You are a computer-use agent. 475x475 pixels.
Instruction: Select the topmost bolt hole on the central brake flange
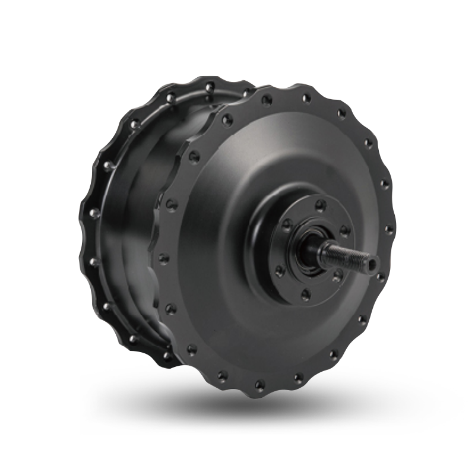tap(321, 205)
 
